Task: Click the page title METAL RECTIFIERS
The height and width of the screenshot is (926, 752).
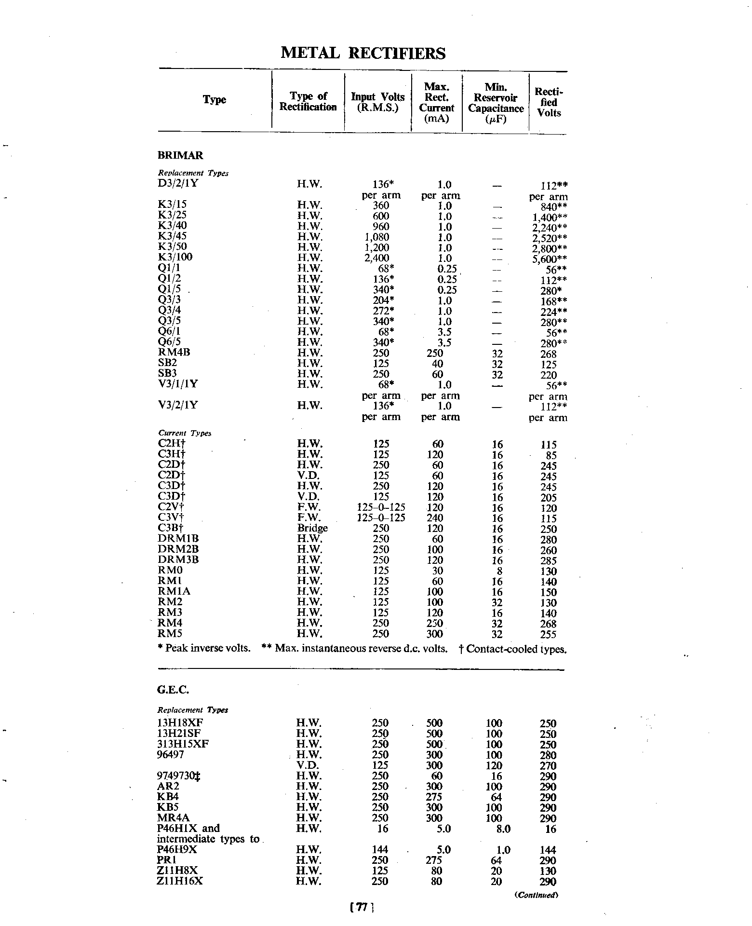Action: point(363,53)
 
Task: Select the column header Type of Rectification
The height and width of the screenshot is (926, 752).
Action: point(308,101)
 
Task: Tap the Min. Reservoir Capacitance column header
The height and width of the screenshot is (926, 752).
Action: point(496,103)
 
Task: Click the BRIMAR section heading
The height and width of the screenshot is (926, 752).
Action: point(180,155)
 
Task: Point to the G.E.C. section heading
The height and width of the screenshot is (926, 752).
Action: point(173,690)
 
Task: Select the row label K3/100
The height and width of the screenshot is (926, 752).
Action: point(175,257)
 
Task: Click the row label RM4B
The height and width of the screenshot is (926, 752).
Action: point(174,352)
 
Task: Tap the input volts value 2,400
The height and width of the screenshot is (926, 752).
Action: point(376,258)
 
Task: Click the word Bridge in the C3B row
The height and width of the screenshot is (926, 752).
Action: point(312,528)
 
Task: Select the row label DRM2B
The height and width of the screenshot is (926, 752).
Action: point(178,549)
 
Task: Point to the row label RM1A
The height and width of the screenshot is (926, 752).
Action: point(174,591)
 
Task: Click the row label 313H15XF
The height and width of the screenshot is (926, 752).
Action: point(183,744)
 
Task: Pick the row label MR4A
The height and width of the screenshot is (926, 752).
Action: point(174,818)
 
